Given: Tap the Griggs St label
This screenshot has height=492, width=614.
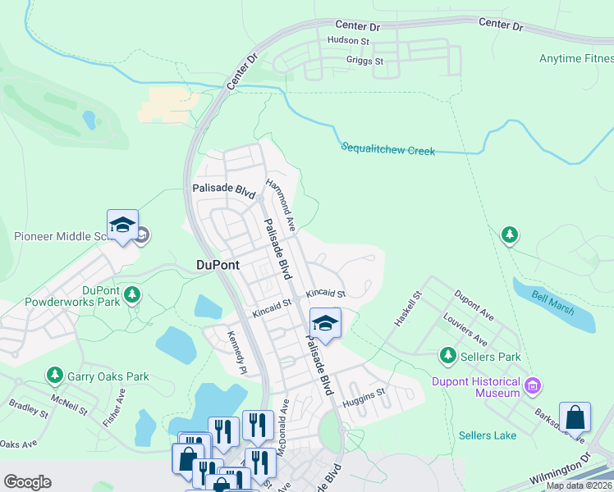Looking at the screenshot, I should pyautogui.click(x=366, y=61).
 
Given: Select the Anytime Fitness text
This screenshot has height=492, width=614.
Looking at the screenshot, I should pyautogui.click(x=575, y=58).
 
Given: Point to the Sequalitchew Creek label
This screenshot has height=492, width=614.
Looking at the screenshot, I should pyautogui.click(x=387, y=149).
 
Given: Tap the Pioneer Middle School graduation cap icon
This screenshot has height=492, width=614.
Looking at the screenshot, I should pyautogui.click(x=121, y=225).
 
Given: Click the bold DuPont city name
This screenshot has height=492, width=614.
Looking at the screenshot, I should pyautogui.click(x=218, y=264).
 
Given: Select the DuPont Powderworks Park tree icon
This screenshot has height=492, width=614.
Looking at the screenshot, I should pyautogui.click(x=131, y=294).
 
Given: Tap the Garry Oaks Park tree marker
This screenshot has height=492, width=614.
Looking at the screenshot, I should pyautogui.click(x=55, y=376).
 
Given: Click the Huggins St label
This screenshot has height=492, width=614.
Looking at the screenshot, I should pyautogui.click(x=364, y=394).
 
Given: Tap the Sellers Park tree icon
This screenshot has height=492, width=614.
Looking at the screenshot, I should pyautogui.click(x=447, y=356).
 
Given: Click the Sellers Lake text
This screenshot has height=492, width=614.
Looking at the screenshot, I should pyautogui.click(x=488, y=435).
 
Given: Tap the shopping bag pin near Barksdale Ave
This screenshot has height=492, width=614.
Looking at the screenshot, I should pyautogui.click(x=575, y=417).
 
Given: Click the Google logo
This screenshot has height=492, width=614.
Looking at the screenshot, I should pyautogui.click(x=27, y=482).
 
